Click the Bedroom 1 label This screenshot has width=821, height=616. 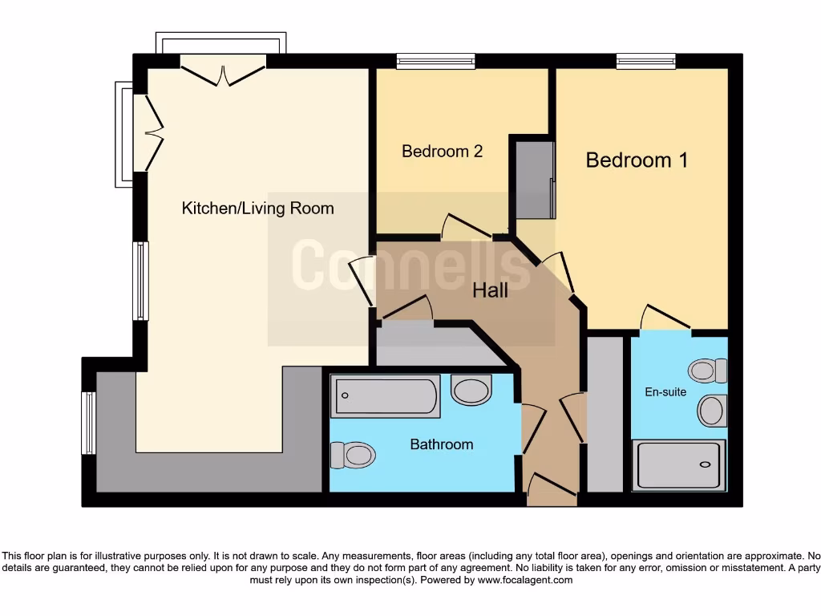[637, 160]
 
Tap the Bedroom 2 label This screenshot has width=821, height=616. [442, 151]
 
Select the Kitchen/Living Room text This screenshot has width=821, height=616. [257, 209]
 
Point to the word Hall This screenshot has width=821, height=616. [490, 290]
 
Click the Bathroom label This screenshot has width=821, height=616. [441, 444]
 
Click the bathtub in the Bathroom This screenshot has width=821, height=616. [387, 396]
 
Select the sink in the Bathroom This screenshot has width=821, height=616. [471, 391]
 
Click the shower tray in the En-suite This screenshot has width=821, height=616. [681, 464]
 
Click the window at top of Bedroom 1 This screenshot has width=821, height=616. [645, 60]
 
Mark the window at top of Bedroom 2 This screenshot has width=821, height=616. [435, 60]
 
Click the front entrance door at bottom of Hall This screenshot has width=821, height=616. [552, 488]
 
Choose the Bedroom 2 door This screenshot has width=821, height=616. [466, 227]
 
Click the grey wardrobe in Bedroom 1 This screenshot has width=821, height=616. [535, 180]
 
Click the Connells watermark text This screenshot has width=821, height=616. [410, 265]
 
